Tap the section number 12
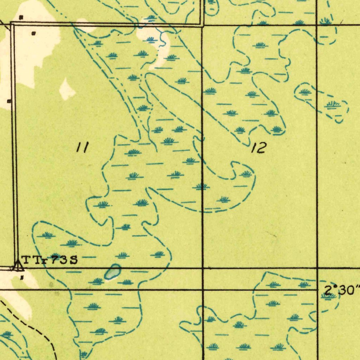(x=259, y=148)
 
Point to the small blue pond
(x=112, y=272)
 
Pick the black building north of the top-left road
(x=21, y=17)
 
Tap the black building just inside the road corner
(x=33, y=34)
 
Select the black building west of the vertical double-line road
(x=9, y=101)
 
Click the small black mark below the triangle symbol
(x=22, y=277)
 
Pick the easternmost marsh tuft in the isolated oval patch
(x=333, y=104)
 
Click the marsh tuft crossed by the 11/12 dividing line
(x=201, y=186)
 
